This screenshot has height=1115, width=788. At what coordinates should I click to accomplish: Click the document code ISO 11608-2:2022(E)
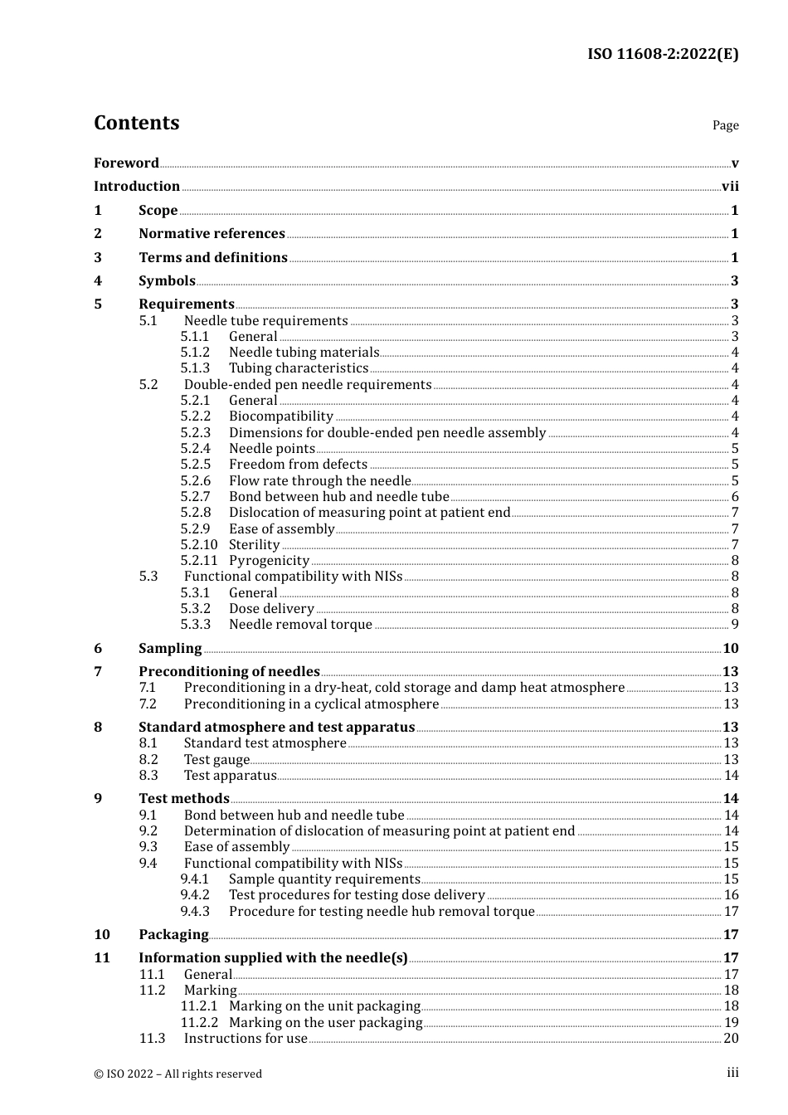663,54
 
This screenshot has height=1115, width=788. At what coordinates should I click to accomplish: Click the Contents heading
136,123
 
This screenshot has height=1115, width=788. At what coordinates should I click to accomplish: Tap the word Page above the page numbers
725,125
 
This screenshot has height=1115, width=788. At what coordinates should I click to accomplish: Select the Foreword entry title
126,163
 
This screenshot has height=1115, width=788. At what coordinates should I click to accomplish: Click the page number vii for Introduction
730,187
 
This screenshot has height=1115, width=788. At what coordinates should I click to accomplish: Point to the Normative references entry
212,234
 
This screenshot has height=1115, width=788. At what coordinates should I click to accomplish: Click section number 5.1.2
195,353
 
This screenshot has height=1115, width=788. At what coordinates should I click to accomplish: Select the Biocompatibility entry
281,416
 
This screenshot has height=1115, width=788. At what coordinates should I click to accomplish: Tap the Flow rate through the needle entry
319,481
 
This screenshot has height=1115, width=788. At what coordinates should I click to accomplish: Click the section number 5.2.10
198,545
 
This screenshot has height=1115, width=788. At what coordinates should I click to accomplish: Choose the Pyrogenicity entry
269,561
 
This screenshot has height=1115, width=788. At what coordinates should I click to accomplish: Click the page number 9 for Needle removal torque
735,625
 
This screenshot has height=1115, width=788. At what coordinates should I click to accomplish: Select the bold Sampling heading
170,649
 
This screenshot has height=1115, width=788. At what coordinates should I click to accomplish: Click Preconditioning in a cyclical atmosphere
311,704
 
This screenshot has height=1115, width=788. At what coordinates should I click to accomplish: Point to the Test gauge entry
216,760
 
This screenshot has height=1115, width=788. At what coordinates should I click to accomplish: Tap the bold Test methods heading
184,799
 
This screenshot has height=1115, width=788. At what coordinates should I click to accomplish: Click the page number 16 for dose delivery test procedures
731,895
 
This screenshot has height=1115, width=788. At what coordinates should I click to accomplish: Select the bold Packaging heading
173,935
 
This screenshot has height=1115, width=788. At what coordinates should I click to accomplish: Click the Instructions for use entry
246,1039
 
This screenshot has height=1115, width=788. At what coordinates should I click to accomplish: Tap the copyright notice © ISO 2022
178,1074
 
